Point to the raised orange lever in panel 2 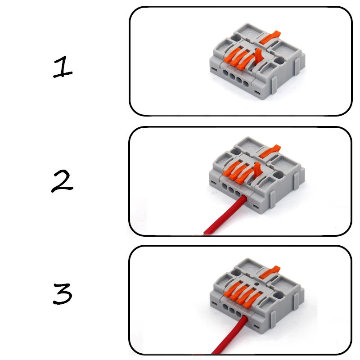(259, 171)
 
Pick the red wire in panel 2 (225, 216)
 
